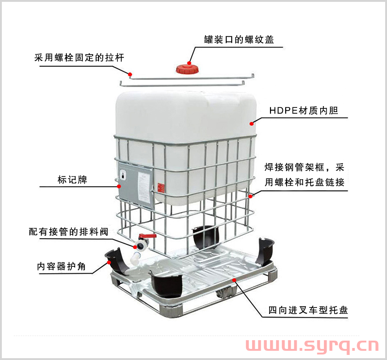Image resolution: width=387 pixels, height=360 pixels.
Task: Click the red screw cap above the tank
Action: coord(187,69)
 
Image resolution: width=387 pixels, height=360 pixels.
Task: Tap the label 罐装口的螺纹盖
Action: coord(239,40)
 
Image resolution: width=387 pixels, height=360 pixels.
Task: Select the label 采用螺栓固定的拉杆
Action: coord(79,58)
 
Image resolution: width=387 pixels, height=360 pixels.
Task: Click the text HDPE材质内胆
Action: coord(304,110)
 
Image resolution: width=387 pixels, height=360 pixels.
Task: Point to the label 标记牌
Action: coord(72,180)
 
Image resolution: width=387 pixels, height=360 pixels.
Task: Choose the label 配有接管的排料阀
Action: coord(68,232)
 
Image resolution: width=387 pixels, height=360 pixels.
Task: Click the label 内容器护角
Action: coord(61,266)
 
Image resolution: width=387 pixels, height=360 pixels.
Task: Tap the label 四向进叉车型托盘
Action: coord(308,310)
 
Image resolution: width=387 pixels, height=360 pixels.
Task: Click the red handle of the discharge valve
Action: coord(147,236)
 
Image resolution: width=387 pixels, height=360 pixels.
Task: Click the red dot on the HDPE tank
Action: coord(251,124)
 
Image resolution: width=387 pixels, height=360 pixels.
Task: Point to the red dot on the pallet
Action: coord(234,280)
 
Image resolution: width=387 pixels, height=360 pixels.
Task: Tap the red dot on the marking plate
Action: coord(119,186)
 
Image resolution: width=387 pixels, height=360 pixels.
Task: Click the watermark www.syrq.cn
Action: coord(312,346)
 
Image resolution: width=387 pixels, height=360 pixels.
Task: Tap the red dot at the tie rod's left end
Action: coord(130,74)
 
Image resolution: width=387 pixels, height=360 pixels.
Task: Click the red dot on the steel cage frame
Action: coord(250,196)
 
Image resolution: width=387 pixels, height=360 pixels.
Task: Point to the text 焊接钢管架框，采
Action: coord(305,167)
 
